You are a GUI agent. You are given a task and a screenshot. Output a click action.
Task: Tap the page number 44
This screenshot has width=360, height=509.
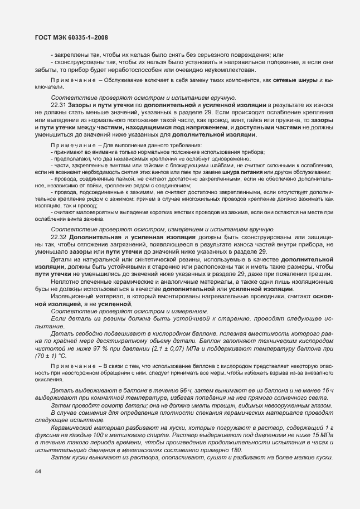[38, 472]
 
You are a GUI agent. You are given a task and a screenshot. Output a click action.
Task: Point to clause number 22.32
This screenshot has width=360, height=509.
[59, 237]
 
